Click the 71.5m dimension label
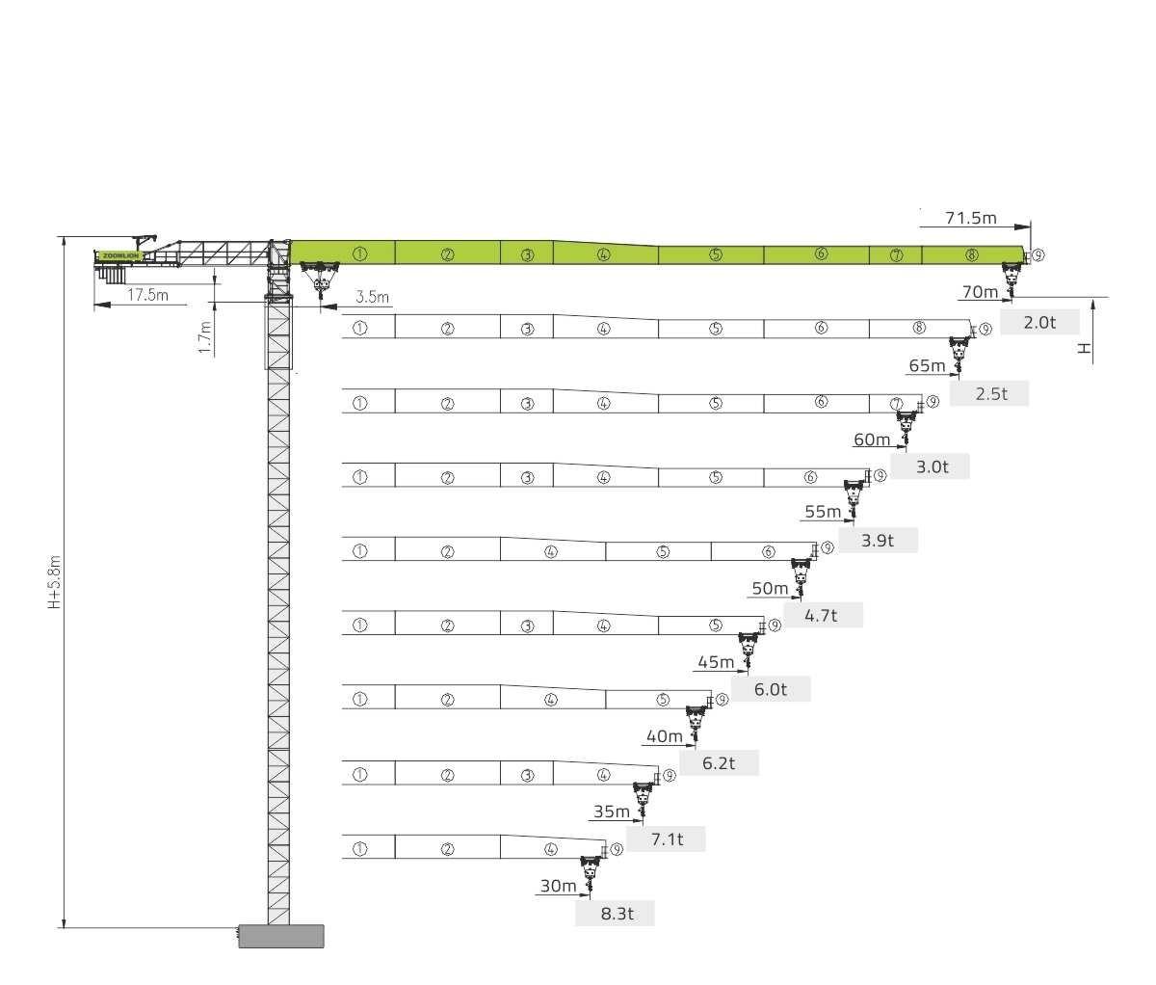pos(971,218)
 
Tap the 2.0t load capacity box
pos(1039,322)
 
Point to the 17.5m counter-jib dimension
pos(147,295)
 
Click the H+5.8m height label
pos(54,582)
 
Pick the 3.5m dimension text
pos(373,297)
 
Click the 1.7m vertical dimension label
pos(205,337)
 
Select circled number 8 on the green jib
pos(971,254)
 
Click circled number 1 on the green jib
pos(360,254)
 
